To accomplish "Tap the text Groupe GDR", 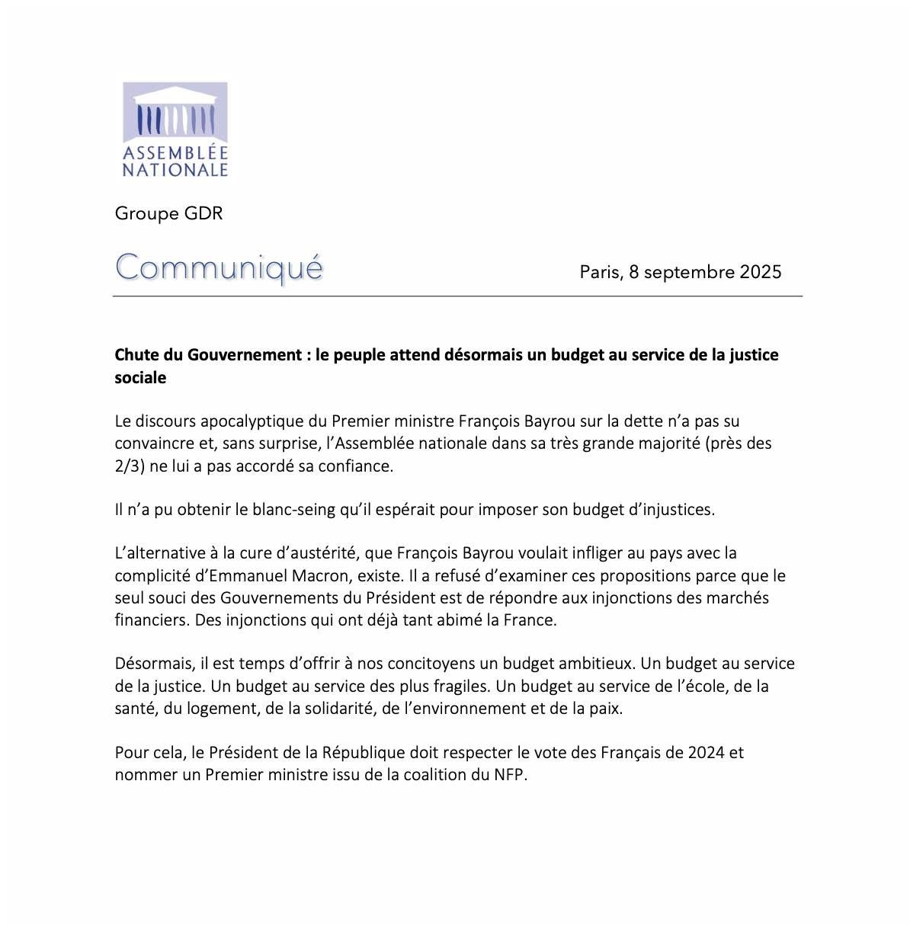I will click(x=168, y=213).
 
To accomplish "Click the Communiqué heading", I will click(x=219, y=268).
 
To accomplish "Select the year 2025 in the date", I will click(x=761, y=272).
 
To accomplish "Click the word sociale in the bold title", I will click(x=140, y=378).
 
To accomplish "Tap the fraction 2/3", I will click(x=127, y=466).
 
